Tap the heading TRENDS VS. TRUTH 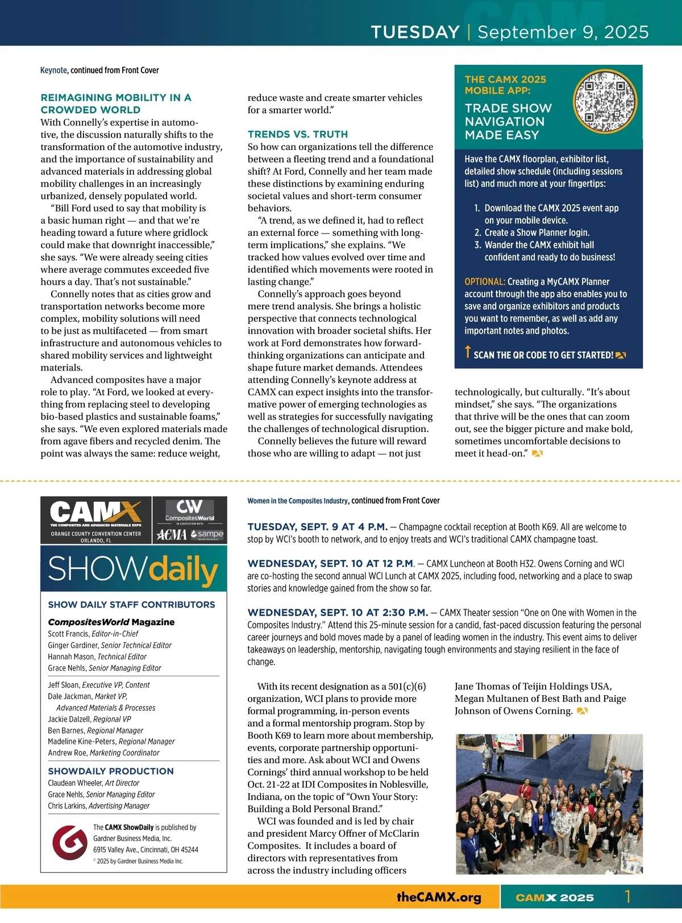(x=297, y=134)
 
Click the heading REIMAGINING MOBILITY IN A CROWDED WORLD (x=116, y=103)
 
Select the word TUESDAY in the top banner (x=415, y=32)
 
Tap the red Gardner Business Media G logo (x=69, y=842)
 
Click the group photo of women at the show (x=549, y=804)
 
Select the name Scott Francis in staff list (x=68, y=634)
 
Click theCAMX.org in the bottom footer (x=439, y=897)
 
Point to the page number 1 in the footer (x=628, y=897)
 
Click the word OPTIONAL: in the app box (x=484, y=282)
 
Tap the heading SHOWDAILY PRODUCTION (x=111, y=771)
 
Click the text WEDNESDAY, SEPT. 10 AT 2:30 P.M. (x=338, y=613)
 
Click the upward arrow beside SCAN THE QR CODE (x=468, y=352)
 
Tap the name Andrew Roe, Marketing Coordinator (x=103, y=752)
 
